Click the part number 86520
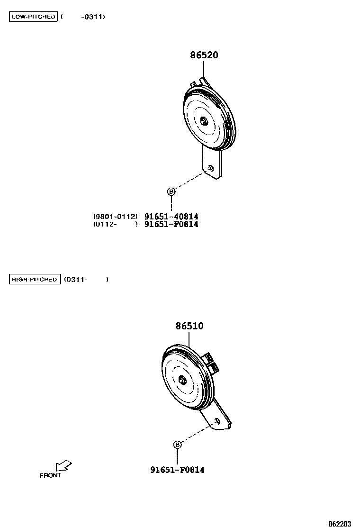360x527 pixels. click(x=204, y=55)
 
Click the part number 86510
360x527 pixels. click(x=189, y=326)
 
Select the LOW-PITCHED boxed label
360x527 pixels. click(x=33, y=17)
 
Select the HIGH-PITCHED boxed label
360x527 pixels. click(x=35, y=280)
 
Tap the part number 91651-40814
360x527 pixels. click(x=171, y=217)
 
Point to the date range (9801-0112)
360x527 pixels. click(x=115, y=217)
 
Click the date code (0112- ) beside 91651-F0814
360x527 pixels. click(x=115, y=224)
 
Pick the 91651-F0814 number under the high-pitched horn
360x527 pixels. click(x=178, y=470)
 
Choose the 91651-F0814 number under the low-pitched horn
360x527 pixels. click(x=171, y=224)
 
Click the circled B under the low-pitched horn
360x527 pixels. click(x=171, y=191)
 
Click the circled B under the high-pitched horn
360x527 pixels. click(x=177, y=445)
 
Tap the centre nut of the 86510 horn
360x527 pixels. click(x=182, y=380)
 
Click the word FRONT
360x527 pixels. click(x=50, y=475)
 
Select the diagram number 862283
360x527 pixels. click(x=340, y=524)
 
